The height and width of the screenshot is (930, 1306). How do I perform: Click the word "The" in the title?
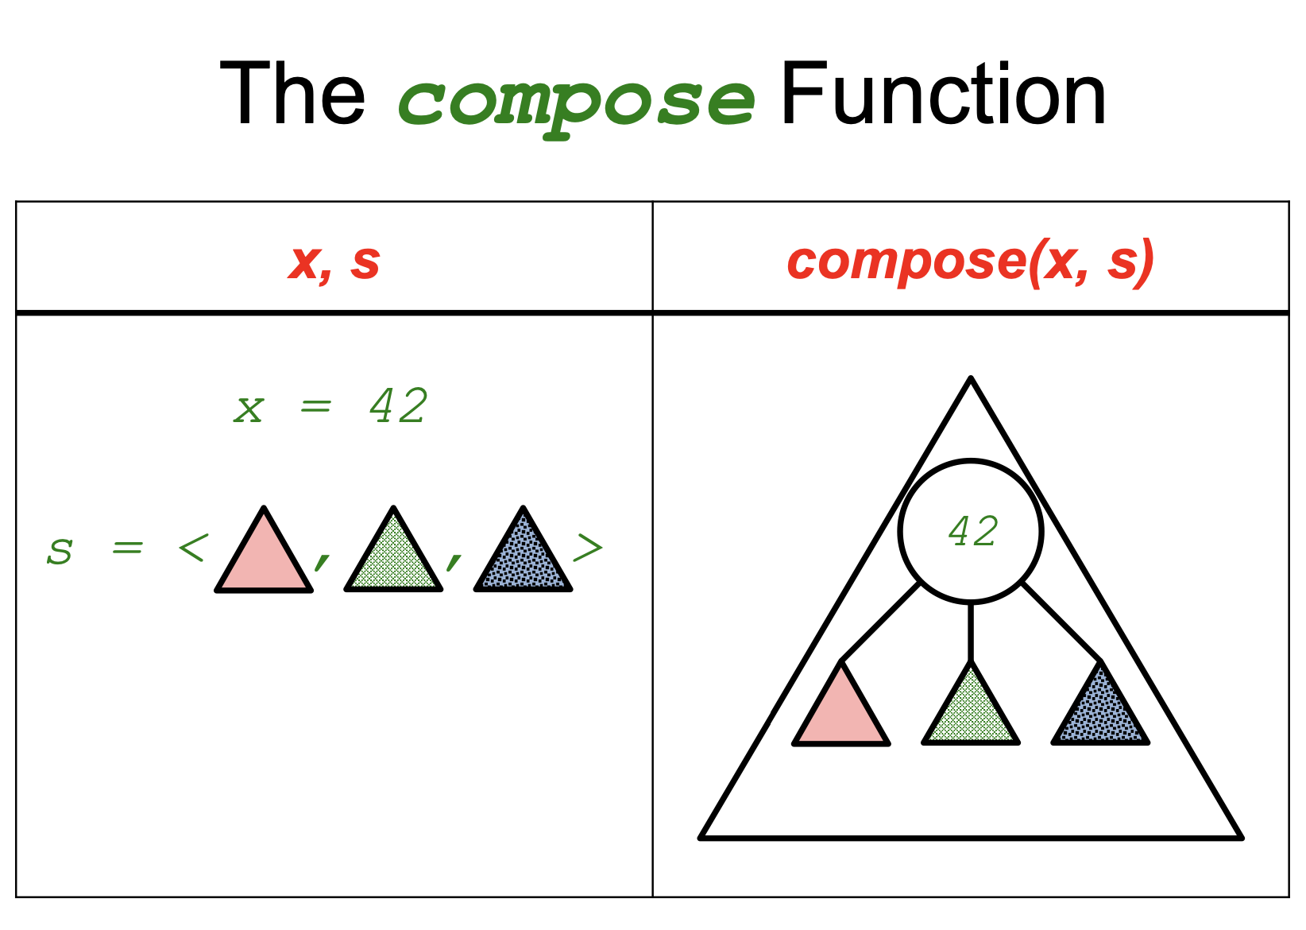[x=292, y=95]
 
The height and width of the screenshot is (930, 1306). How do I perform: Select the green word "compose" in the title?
[x=576, y=102]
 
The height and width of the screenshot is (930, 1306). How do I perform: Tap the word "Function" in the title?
[x=943, y=95]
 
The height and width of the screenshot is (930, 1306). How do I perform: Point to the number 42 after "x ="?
[x=399, y=406]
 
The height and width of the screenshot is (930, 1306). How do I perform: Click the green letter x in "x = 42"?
[x=249, y=409]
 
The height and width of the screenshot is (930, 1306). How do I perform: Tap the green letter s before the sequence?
[x=60, y=549]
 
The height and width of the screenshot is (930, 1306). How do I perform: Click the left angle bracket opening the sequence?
[x=193, y=548]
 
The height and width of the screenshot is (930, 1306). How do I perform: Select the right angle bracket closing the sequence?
[x=588, y=548]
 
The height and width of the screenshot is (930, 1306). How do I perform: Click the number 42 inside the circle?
[x=972, y=531]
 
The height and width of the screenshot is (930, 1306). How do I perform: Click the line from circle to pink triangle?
[x=880, y=622]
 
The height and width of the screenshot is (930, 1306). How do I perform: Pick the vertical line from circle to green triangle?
[x=971, y=632]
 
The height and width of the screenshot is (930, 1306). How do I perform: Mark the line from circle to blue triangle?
[x=1061, y=622]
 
